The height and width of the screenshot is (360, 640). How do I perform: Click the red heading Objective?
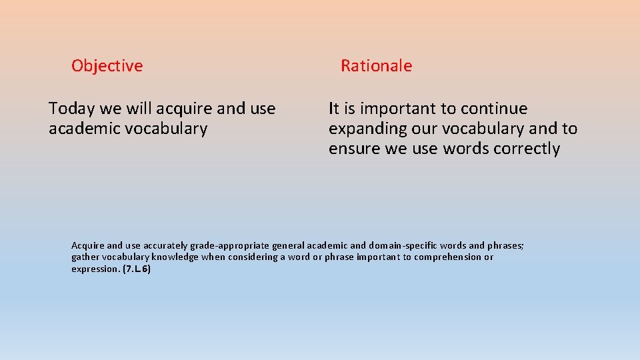107,66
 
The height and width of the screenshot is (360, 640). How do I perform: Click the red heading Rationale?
376,66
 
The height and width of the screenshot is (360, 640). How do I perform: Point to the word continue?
494,109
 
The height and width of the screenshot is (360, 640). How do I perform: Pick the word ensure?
355,149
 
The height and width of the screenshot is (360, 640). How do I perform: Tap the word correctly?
527,149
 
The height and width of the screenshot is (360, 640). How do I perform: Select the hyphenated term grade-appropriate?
221,245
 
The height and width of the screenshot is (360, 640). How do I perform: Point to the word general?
285,245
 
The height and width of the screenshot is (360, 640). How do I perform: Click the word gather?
85,257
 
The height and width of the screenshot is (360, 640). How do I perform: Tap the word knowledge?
177,257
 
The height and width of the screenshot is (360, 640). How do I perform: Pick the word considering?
253,257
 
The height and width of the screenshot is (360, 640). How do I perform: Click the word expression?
95,269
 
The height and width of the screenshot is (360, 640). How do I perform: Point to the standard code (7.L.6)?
137,269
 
